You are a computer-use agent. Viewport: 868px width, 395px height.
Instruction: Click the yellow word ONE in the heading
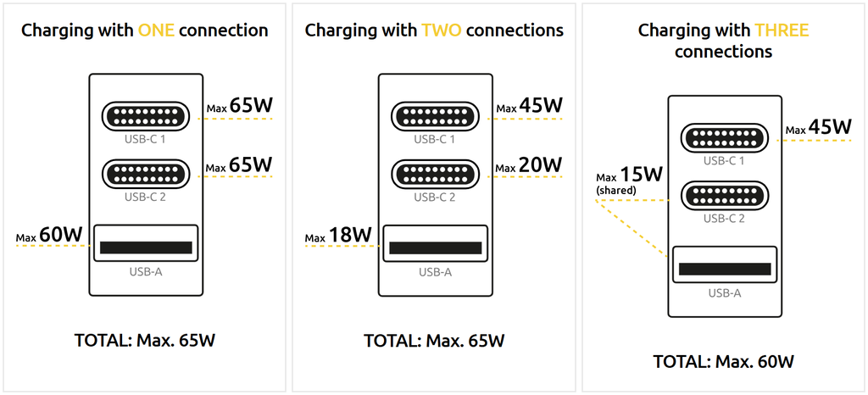[x=156, y=31]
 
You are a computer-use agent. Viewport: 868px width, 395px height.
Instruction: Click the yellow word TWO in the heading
[x=441, y=31]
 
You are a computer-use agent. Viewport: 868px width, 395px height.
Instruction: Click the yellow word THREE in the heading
[x=782, y=31]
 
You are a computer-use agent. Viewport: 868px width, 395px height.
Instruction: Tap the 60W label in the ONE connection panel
[x=62, y=234]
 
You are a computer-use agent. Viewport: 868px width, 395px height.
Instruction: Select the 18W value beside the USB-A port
[x=351, y=234]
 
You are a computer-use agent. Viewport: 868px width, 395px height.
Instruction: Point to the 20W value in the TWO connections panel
[x=541, y=164]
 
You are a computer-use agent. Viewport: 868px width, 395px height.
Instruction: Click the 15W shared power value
[x=640, y=175]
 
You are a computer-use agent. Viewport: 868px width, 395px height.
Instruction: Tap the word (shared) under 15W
[x=616, y=192]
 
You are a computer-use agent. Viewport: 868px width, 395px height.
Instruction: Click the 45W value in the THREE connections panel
[x=830, y=127]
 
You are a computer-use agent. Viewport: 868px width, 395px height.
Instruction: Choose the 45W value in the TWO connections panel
[x=541, y=106]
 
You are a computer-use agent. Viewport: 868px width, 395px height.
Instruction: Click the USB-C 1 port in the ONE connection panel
[x=146, y=116]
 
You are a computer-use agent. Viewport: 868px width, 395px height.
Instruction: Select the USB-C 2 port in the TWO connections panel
[x=434, y=175]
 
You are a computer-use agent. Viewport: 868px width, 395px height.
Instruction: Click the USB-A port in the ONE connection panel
[x=146, y=248]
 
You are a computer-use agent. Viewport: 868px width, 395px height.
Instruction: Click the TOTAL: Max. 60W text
[x=723, y=362]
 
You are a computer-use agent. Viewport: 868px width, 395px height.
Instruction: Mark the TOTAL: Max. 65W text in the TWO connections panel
[x=434, y=341]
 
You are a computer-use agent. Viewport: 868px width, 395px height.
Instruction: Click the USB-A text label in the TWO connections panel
[x=435, y=272]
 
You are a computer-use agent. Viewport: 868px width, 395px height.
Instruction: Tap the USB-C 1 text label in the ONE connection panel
[x=146, y=139]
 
